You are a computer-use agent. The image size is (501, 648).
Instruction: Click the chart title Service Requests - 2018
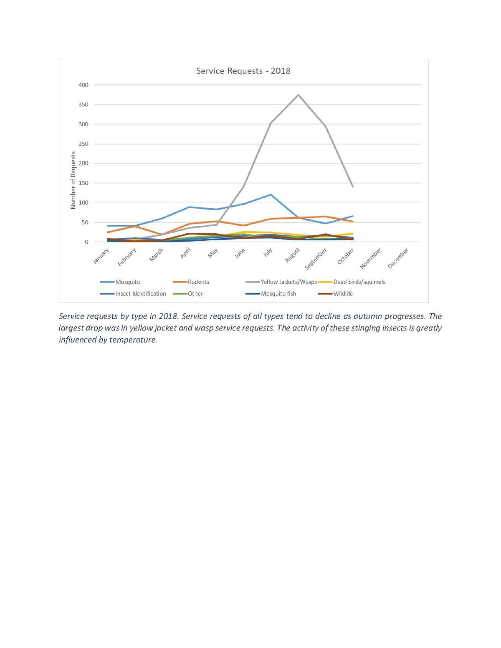pyautogui.click(x=243, y=71)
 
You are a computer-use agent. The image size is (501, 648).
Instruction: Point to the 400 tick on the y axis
pyautogui.click(x=83, y=85)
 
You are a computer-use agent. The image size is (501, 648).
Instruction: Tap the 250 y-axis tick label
pyautogui.click(x=83, y=144)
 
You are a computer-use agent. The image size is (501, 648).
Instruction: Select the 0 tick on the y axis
pyautogui.click(x=86, y=242)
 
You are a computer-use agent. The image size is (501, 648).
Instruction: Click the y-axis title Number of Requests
pyautogui.click(x=73, y=180)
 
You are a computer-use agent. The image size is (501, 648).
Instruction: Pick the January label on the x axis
pyautogui.click(x=101, y=256)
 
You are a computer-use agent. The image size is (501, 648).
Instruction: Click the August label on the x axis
pyautogui.click(x=292, y=255)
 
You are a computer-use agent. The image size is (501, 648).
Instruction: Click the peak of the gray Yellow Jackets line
pyautogui.click(x=298, y=95)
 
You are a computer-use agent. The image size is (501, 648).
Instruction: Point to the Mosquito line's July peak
pyautogui.click(x=271, y=194)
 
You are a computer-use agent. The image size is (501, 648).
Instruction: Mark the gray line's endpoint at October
pyautogui.click(x=353, y=187)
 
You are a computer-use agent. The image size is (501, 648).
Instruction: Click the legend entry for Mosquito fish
pyautogui.click(x=278, y=294)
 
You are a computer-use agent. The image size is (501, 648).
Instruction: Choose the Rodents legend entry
pyautogui.click(x=198, y=282)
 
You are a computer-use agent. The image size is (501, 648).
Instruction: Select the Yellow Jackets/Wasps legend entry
pyautogui.click(x=288, y=282)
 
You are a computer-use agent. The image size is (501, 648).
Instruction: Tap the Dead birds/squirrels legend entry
pyautogui.click(x=359, y=282)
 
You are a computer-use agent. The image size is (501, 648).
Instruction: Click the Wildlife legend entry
pyautogui.click(x=343, y=294)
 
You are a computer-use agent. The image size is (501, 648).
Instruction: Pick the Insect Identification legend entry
pyautogui.click(x=141, y=294)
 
